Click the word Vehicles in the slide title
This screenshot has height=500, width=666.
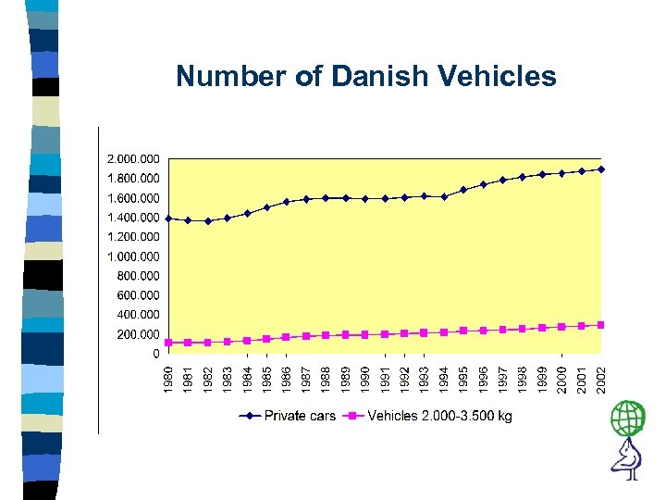pos(494,75)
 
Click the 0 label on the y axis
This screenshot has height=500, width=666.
pos(155,354)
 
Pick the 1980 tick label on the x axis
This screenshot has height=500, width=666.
pos(168,376)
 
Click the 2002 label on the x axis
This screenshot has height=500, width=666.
pos(601,376)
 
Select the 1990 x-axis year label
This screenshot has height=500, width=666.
pos(365,376)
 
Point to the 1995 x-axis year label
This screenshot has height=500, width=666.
pos(463,376)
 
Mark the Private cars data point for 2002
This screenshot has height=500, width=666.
pos(601,169)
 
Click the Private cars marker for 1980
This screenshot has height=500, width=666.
pos(168,219)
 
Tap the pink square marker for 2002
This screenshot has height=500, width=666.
pos(601,324)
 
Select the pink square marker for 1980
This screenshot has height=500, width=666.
pos(168,343)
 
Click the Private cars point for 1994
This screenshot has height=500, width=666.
pos(444,196)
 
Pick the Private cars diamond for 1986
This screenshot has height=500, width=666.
pos(287,202)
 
